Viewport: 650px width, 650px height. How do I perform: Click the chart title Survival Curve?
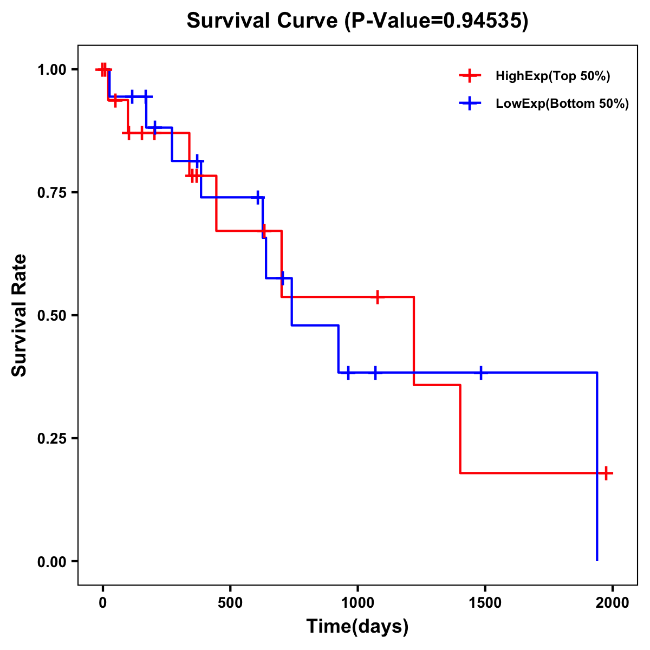click(263, 21)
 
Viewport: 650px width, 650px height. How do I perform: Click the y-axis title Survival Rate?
click(19, 315)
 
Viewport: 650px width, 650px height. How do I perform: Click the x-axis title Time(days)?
click(357, 626)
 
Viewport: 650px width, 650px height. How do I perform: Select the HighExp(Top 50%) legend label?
click(552, 76)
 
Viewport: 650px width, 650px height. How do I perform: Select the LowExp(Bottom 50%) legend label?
click(562, 104)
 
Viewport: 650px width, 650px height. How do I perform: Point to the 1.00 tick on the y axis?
click(51, 70)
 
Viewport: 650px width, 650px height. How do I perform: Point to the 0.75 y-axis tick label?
click(51, 193)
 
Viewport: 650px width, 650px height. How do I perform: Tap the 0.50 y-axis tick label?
click(51, 316)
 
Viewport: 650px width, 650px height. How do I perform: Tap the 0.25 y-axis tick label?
click(51, 439)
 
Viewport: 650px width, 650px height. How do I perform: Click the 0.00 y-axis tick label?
click(51, 562)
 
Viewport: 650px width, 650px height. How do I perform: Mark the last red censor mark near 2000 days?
click(606, 473)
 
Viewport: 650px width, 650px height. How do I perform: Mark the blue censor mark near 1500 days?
click(480, 373)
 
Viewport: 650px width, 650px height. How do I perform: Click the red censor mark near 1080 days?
click(377, 297)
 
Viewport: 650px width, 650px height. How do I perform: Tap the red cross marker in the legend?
click(470, 76)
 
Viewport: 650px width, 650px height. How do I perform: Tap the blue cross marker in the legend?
click(470, 103)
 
